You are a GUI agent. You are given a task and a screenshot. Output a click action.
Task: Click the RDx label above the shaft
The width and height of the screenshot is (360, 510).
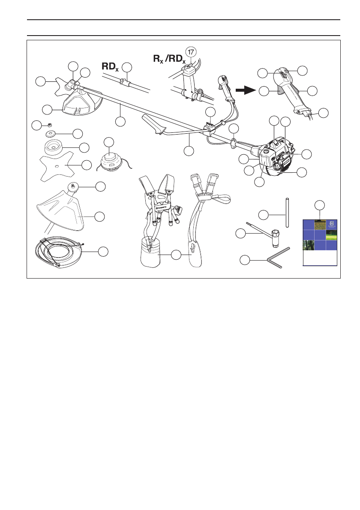pyautogui.click(x=110, y=66)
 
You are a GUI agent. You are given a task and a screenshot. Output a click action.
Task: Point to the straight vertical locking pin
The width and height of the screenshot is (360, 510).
pyautogui.click(x=287, y=212)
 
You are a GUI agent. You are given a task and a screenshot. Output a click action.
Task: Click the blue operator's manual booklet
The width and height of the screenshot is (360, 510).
pyautogui.click(x=320, y=243)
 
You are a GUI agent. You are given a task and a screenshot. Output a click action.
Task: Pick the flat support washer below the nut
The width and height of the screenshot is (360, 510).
pyautogui.click(x=55, y=133)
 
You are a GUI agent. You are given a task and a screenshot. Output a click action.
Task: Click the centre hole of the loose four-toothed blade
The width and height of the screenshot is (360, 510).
pyautogui.click(x=57, y=166)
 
